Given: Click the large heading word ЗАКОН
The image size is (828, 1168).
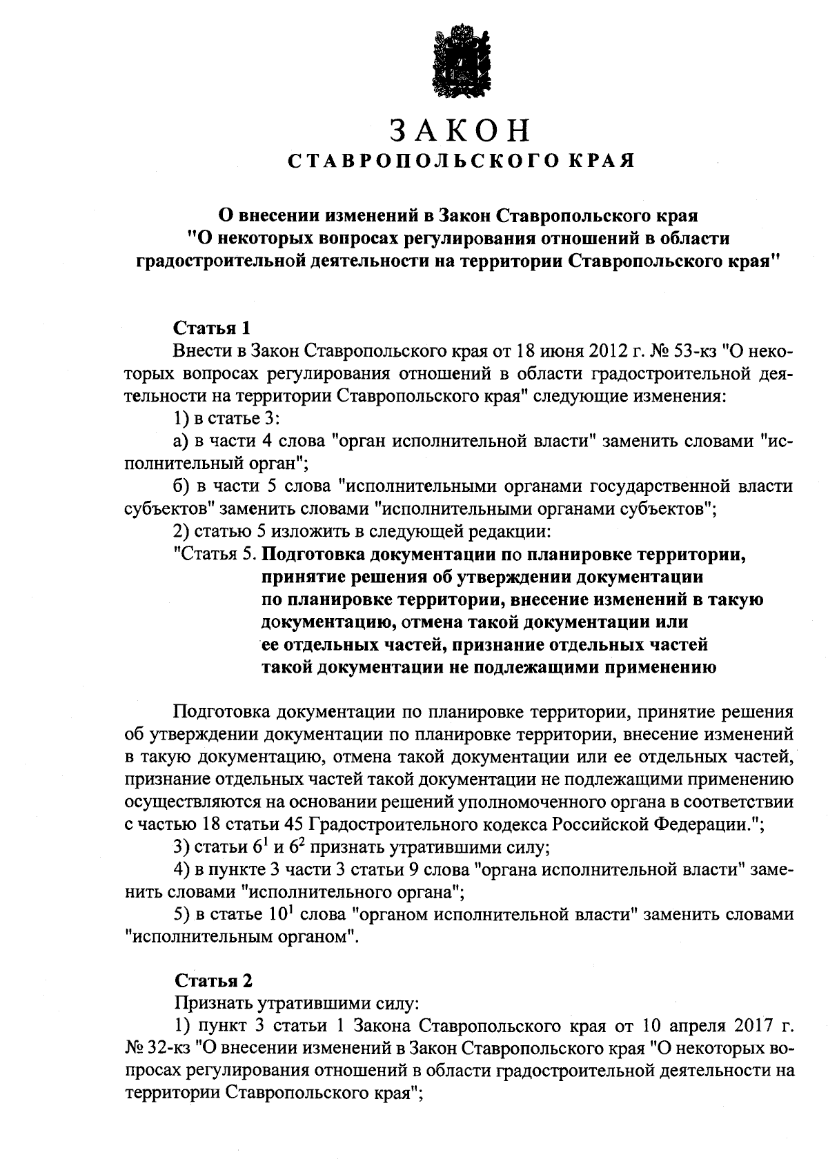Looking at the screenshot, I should [460, 130].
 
